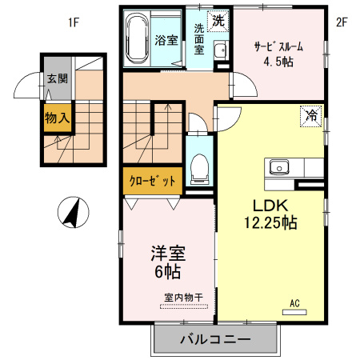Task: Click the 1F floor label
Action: click(x=73, y=22)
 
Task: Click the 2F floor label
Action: click(x=342, y=22)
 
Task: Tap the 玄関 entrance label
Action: click(x=57, y=79)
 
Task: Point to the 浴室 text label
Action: click(x=166, y=39)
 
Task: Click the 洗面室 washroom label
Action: click(x=199, y=38)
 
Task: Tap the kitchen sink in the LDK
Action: click(x=279, y=167)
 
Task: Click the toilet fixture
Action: click(x=200, y=169)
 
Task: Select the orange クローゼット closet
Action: click(x=152, y=181)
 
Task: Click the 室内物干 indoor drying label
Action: click(x=183, y=298)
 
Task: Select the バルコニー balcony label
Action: click(x=214, y=339)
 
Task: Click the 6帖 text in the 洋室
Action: click(x=168, y=272)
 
